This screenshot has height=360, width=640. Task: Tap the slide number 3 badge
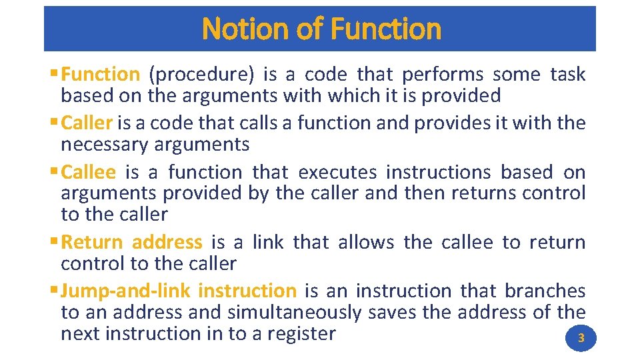[x=581, y=338]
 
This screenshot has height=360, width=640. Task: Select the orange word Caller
[x=87, y=123]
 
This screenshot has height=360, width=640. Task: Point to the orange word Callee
[x=88, y=173]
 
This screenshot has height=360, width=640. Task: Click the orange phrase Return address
[x=131, y=243]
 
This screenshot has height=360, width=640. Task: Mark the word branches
[x=545, y=291]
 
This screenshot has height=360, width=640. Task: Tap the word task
[x=567, y=75]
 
